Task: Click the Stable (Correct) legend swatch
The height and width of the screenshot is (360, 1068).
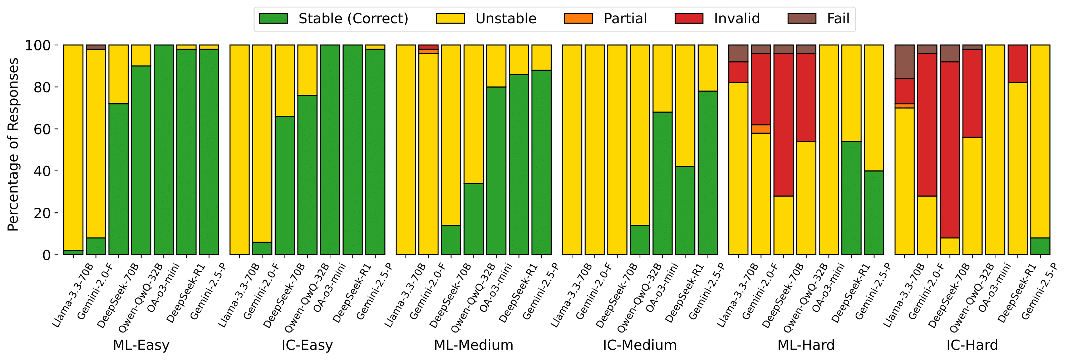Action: click(x=273, y=19)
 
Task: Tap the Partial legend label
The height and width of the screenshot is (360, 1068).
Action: click(x=625, y=19)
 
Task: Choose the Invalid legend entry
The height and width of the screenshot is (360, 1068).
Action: click(x=736, y=19)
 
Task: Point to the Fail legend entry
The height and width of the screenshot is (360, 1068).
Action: click(x=838, y=19)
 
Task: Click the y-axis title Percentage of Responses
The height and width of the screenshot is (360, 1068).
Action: click(x=13, y=144)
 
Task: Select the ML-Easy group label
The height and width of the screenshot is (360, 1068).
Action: click(x=141, y=345)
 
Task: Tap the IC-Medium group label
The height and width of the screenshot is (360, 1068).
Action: click(x=639, y=345)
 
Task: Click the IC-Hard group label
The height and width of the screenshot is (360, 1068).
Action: click(x=972, y=345)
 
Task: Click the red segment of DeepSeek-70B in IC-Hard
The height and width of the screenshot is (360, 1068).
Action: click(x=949, y=150)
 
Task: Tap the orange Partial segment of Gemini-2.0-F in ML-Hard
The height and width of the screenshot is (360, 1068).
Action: click(x=761, y=129)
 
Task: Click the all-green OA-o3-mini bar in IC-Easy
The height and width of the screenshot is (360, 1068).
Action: click(x=330, y=150)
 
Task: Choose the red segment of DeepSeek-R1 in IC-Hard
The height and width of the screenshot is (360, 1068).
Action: click(x=1018, y=64)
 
